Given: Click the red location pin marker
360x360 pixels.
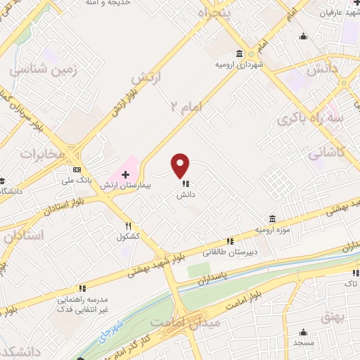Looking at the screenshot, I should [181, 165].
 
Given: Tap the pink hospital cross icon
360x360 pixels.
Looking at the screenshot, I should [125, 174].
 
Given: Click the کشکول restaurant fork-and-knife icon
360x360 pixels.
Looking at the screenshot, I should [128, 226].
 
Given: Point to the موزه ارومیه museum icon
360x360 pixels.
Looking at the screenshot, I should [271, 219].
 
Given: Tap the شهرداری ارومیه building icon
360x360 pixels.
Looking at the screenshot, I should [240, 54].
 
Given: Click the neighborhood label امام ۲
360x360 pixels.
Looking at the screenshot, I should [185, 105].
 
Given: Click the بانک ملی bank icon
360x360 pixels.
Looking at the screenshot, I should [75, 169].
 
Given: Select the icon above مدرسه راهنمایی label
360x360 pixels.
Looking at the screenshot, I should [82, 288].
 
